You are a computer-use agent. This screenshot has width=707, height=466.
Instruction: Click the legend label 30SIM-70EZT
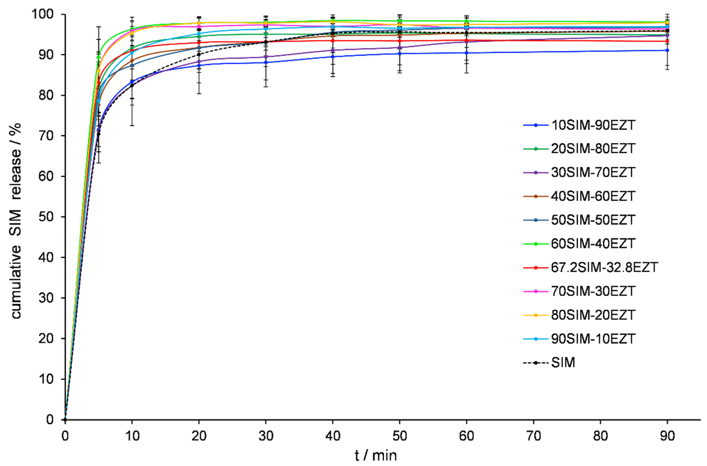(593, 172)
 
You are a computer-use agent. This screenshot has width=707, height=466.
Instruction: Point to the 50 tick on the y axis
(46, 217)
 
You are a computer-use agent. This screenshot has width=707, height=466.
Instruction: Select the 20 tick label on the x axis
(199, 436)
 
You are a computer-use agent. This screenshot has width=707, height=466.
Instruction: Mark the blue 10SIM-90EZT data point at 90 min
(667, 50)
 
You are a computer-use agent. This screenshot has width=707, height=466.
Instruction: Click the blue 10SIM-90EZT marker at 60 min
(467, 53)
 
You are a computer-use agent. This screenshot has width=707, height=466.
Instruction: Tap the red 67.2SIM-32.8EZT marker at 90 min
(667, 41)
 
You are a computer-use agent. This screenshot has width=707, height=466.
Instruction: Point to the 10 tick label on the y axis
(46, 379)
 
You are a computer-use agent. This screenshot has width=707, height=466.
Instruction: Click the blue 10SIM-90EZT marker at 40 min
(333, 56)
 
